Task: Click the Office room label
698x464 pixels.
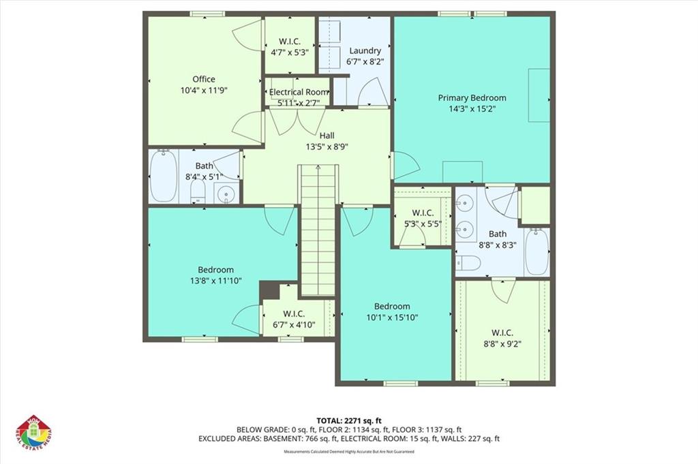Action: (x=203, y=79)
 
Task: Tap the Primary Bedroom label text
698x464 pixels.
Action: (x=472, y=97)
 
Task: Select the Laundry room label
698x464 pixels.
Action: (x=365, y=50)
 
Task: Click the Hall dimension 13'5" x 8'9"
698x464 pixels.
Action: (x=317, y=146)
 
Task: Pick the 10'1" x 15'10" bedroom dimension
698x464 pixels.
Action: (x=392, y=317)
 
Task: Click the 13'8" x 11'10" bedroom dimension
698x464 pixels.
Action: (x=215, y=280)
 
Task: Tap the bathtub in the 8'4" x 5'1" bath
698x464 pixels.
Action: (x=163, y=176)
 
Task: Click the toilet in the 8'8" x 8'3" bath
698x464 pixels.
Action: (x=468, y=262)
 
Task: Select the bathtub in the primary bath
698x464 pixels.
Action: (x=536, y=251)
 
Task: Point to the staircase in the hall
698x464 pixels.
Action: (x=318, y=232)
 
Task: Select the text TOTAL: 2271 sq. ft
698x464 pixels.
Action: (x=349, y=420)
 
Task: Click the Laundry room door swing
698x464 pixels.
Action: (x=372, y=92)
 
